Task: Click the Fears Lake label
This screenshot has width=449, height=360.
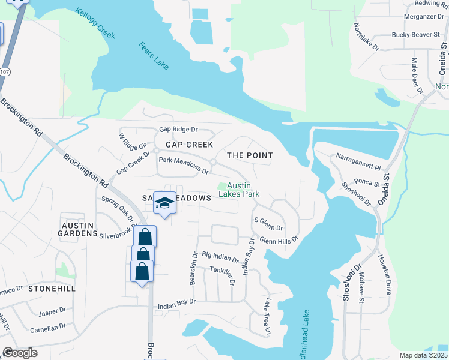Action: pyautogui.click(x=154, y=55)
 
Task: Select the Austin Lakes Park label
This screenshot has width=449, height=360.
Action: pyautogui.click(x=239, y=190)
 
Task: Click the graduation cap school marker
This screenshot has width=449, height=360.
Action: pyautogui.click(x=164, y=204)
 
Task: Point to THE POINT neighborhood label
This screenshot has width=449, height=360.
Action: pyautogui.click(x=250, y=155)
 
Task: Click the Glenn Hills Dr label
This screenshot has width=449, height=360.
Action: pyautogui.click(x=279, y=239)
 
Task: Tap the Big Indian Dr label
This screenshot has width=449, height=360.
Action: pyautogui.click(x=220, y=257)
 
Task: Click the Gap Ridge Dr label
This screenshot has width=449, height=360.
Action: pyautogui.click(x=178, y=130)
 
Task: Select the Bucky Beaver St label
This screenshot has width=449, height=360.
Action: pyautogui.click(x=416, y=35)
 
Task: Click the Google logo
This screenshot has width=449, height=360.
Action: pyautogui.click(x=20, y=353)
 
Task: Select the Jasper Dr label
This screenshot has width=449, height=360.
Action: pyautogui.click(x=52, y=313)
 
